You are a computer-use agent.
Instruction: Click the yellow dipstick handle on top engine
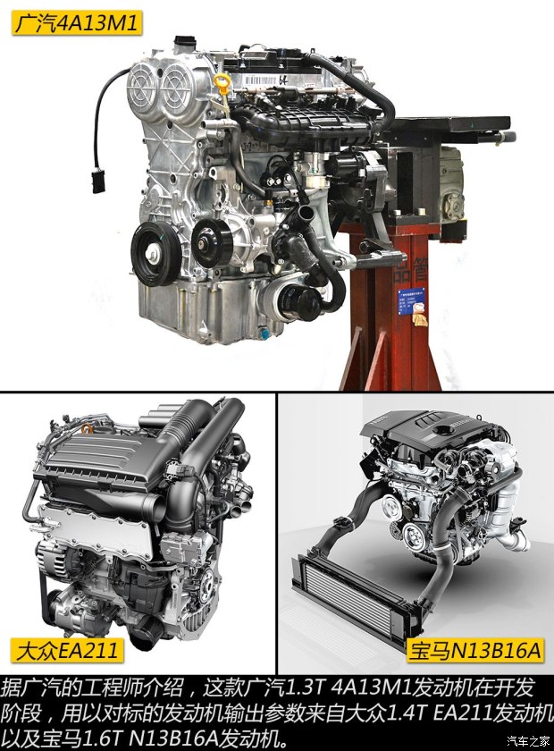[222, 84]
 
